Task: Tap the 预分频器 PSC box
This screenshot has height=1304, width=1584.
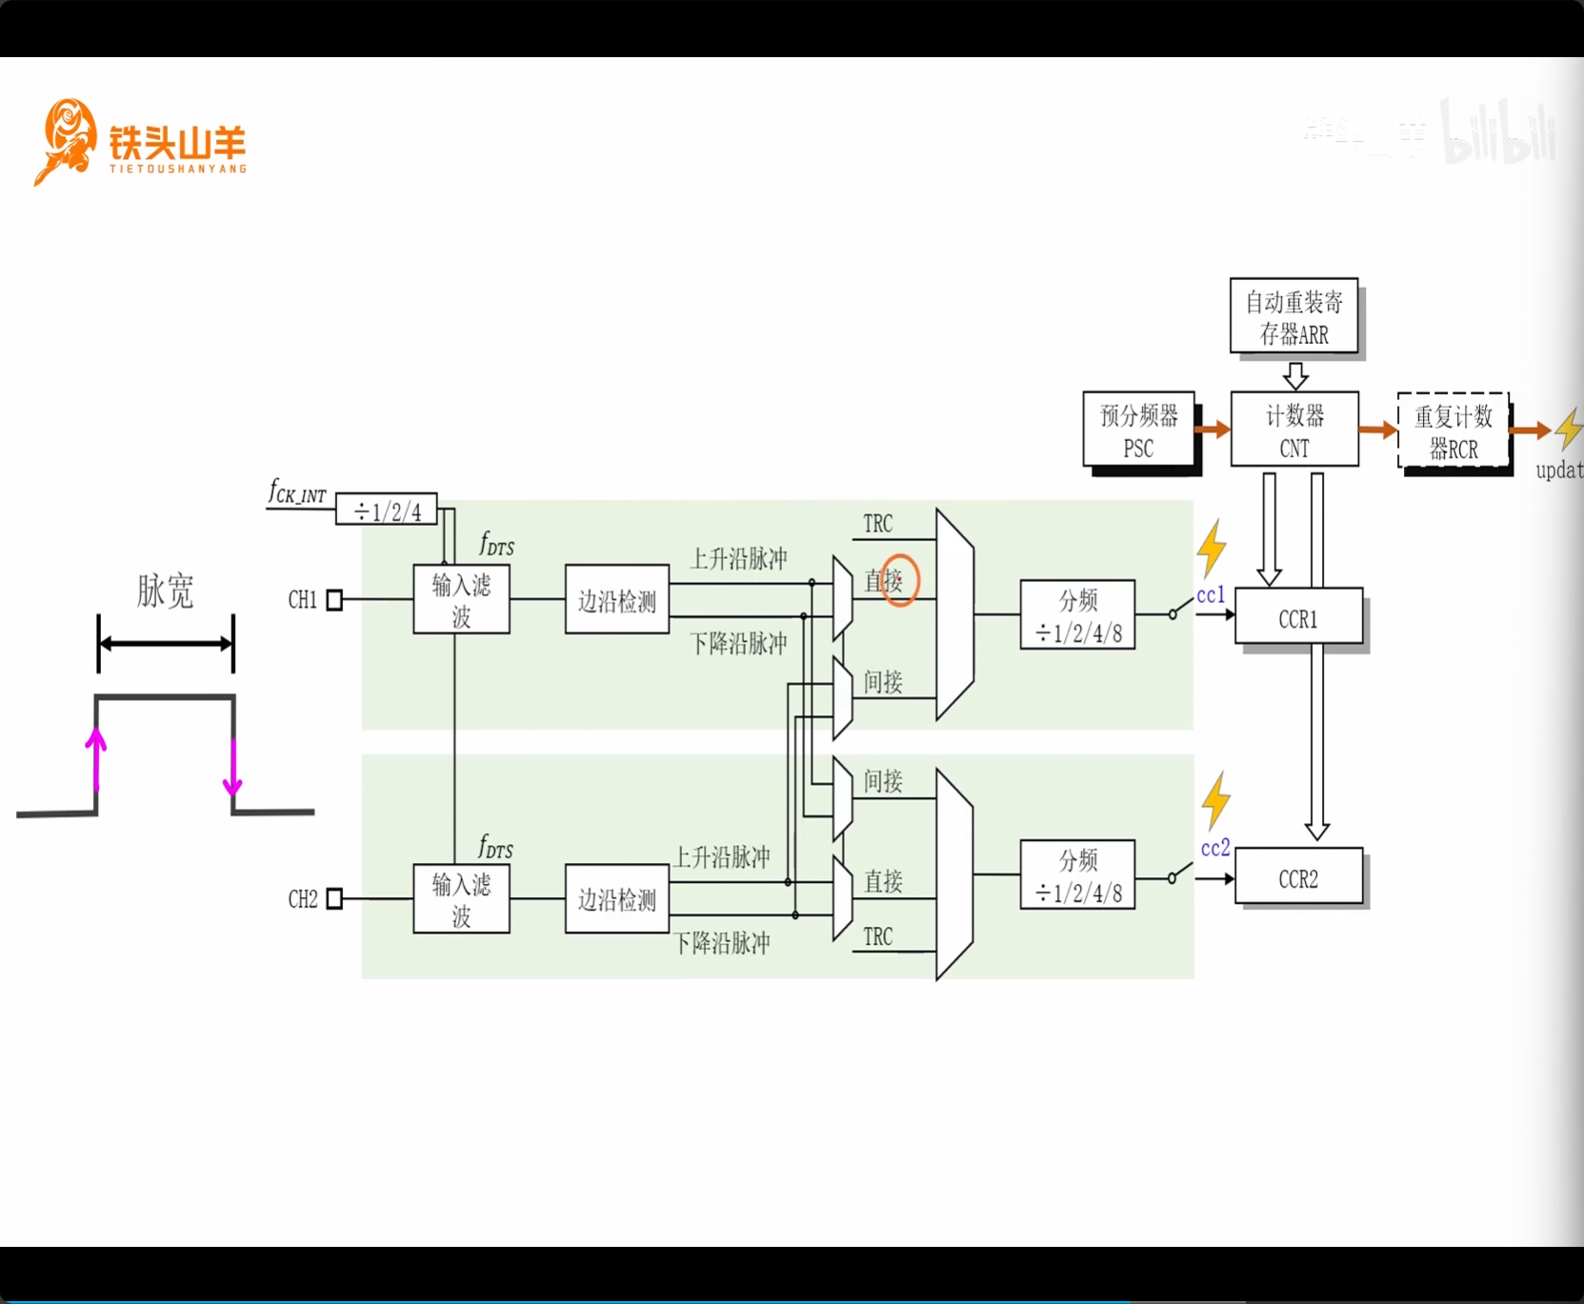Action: (1138, 430)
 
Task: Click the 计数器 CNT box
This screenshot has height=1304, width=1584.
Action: (1294, 430)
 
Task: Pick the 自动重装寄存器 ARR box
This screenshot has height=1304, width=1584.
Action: (1293, 316)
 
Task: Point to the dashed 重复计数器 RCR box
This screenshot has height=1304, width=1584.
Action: (1453, 431)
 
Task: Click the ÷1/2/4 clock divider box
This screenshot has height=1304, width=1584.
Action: (387, 510)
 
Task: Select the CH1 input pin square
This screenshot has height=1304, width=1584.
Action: (334, 599)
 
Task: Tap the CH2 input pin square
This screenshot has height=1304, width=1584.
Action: (334, 898)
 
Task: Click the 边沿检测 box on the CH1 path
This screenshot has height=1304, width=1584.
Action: (617, 600)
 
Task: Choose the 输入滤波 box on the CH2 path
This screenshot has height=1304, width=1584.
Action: (461, 898)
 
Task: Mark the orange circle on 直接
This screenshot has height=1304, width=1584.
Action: (898, 580)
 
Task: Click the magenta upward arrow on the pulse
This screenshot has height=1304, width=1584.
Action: (95, 758)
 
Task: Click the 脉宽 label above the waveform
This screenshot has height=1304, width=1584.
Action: (166, 591)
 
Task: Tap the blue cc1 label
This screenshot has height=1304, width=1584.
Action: (1211, 595)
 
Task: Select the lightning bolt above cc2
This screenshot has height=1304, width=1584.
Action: (1215, 800)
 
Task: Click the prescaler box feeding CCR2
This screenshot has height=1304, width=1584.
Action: (1077, 874)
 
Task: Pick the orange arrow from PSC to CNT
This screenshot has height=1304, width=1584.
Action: (1213, 430)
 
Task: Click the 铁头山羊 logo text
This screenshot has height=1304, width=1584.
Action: (177, 143)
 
